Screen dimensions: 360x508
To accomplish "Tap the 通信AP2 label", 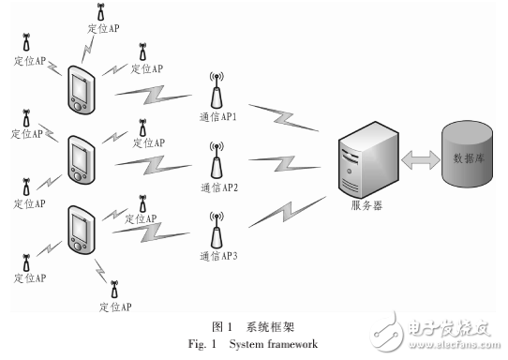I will pos(219,187).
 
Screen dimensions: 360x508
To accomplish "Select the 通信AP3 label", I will pos(219,255).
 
